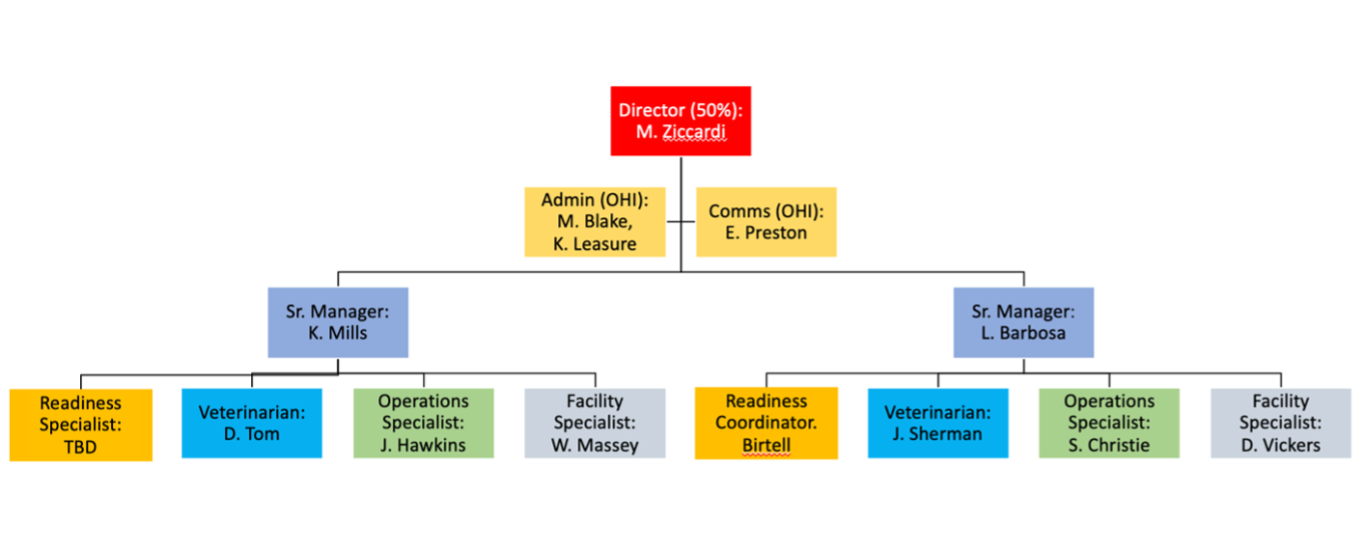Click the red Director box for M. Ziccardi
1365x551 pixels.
point(681,121)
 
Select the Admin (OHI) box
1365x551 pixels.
point(595,222)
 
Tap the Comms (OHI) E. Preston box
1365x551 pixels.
point(766,222)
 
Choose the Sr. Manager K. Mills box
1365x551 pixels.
point(338,322)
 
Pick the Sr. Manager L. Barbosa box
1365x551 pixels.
point(1023,322)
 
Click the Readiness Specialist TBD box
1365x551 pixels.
point(80,425)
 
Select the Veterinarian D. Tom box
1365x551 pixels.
point(252,424)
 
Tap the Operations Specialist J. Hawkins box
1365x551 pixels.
point(424,424)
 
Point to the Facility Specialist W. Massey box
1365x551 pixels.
point(595,424)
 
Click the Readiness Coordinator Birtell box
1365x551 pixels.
point(766,424)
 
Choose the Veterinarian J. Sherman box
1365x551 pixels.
point(937,424)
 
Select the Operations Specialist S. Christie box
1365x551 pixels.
point(1109,424)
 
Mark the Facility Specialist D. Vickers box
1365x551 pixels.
point(1281,424)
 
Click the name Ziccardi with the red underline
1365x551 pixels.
point(694,132)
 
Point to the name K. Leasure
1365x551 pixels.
point(595,243)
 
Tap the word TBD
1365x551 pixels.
point(80,447)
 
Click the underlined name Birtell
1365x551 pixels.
point(766,446)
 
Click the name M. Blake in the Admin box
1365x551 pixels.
point(595,221)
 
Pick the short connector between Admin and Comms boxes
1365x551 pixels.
point(681,222)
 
